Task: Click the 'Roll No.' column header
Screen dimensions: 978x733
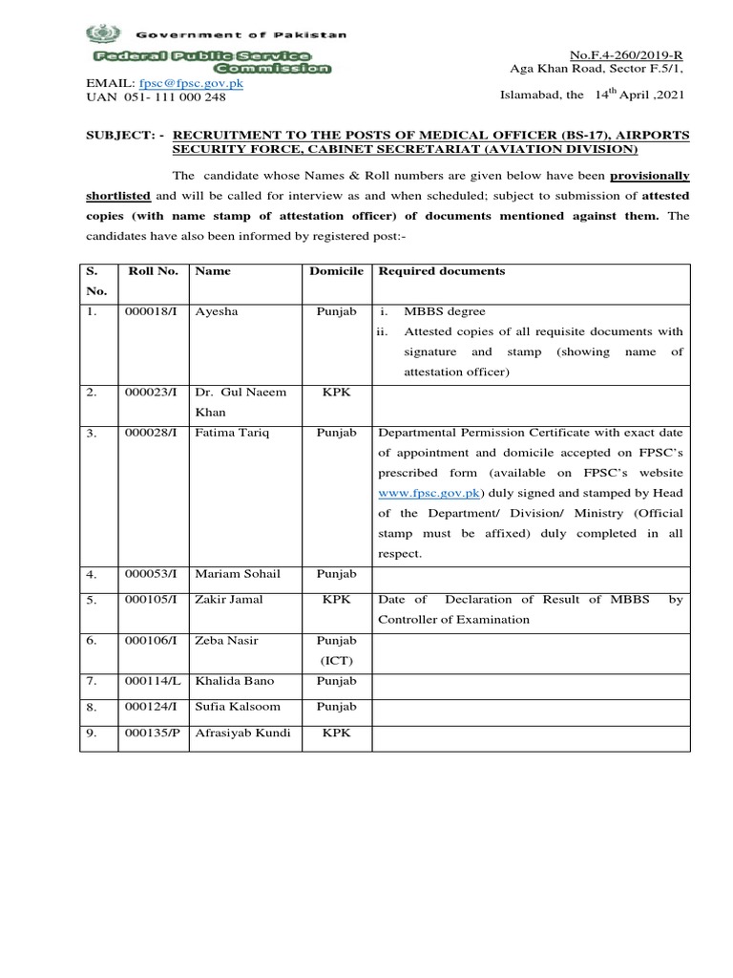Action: coord(152,271)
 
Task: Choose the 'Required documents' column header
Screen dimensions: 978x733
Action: coord(442,271)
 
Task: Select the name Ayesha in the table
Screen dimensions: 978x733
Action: coord(215,311)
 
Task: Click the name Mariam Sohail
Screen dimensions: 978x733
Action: coord(235,574)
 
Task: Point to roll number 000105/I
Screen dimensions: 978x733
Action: coord(152,600)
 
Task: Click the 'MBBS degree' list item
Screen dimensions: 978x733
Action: coord(445,311)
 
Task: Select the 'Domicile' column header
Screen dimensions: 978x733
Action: coord(337,271)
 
